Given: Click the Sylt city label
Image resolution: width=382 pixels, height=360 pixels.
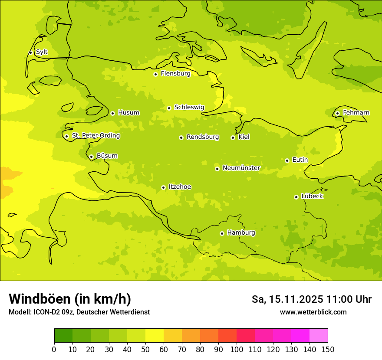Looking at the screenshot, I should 42,52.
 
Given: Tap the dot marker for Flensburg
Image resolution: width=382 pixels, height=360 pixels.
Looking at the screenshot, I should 155,74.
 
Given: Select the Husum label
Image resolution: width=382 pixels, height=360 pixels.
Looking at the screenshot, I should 128,113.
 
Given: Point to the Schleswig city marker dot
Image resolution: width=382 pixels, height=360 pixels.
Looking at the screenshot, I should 169,108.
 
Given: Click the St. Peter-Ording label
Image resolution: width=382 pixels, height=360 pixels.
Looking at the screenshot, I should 95,136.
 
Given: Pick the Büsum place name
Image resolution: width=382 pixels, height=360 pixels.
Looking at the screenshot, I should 107,156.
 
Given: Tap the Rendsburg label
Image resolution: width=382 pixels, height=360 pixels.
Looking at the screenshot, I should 203,137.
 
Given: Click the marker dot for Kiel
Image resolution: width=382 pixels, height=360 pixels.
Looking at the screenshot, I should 233,137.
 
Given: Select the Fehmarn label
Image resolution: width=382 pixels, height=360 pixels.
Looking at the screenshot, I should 356,113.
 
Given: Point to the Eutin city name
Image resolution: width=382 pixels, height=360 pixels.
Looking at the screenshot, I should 300,160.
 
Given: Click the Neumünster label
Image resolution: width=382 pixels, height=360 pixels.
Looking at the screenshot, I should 241,168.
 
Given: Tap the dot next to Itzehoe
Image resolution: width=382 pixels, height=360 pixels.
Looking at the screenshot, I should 163,187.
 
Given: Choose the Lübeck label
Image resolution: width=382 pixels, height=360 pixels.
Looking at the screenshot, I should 312,196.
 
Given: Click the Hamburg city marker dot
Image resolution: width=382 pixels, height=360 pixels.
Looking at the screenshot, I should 222,233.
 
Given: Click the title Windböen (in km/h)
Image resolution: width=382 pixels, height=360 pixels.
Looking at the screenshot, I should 70,299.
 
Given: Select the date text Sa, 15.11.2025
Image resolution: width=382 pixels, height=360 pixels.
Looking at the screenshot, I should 287,299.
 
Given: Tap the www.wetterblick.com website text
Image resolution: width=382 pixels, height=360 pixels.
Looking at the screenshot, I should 313,312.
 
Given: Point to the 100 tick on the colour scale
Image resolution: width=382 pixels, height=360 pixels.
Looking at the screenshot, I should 237,349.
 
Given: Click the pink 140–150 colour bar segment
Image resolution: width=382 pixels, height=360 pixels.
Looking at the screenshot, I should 319,335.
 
